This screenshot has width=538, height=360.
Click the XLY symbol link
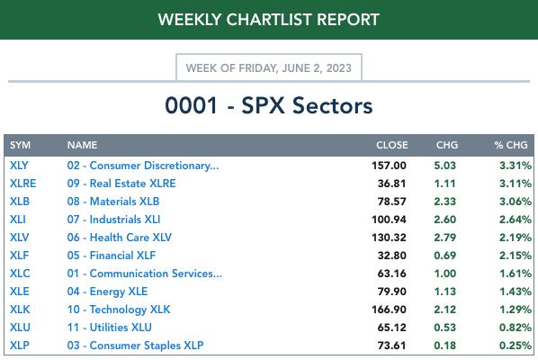coord(19,166)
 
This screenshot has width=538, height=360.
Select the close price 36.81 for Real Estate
coord(391,184)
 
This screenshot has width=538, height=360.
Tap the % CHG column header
coord(511,145)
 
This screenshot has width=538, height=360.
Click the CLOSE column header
coord(392,145)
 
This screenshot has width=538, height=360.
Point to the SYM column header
coord(21,145)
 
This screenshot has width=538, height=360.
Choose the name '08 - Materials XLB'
coord(113,201)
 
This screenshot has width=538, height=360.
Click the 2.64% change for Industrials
coord(516,220)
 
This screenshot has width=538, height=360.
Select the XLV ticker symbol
coord(19,237)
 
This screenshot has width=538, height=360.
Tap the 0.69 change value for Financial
coord(445,256)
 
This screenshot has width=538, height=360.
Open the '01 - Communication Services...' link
coord(145,274)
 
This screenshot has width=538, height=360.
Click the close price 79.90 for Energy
coord(391,292)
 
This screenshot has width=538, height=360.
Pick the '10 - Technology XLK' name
coord(119,310)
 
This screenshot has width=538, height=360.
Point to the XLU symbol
coord(20,328)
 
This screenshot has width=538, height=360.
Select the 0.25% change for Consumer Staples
coord(516,346)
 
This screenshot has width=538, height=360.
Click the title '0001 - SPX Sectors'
coord(269,105)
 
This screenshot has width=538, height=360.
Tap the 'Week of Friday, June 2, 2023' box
coord(269,67)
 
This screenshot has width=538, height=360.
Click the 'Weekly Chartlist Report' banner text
coord(269,19)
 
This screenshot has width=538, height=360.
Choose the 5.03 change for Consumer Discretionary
coord(445,166)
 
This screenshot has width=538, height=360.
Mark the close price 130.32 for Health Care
coord(389,237)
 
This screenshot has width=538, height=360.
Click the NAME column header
coord(83,145)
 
